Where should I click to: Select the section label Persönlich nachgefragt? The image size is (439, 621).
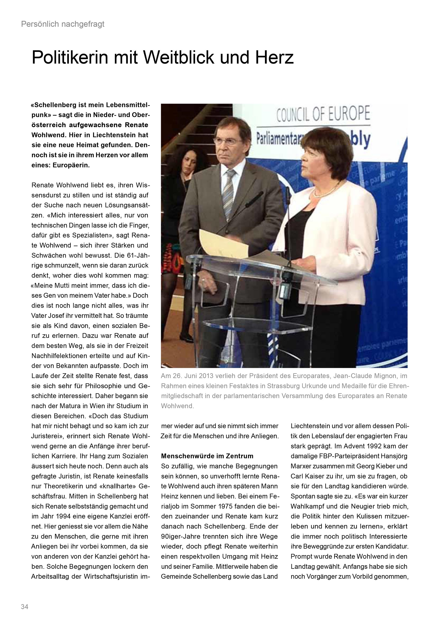(x=63, y=24)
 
